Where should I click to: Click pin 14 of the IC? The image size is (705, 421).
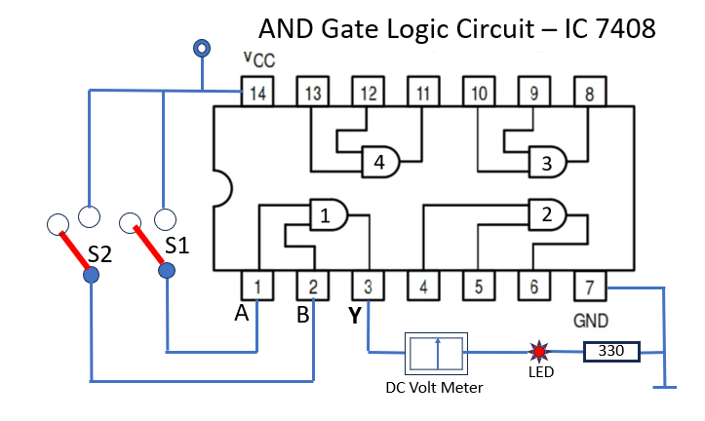[257, 92]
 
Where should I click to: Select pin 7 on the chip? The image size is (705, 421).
[590, 286]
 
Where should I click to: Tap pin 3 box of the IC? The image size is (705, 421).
[369, 286]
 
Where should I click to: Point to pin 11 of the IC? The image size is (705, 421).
[423, 92]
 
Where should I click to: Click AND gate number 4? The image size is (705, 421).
[380, 162]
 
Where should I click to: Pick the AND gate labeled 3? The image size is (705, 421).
[548, 162]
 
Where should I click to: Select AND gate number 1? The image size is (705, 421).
[329, 214]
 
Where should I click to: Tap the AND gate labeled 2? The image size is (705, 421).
[548, 214]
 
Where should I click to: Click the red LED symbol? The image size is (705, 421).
[538, 352]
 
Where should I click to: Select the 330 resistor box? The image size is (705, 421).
[611, 352]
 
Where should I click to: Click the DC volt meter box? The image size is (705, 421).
[436, 354]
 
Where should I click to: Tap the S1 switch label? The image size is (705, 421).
[177, 246]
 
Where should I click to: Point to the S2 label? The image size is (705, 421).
[99, 254]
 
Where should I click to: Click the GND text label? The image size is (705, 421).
[591, 321]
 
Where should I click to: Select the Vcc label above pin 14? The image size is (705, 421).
[259, 59]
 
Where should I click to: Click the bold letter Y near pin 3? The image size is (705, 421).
[355, 316]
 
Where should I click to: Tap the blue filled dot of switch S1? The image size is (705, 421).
[167, 271]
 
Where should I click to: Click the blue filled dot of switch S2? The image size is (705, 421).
[92, 275]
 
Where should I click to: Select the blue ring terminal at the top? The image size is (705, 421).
[202, 48]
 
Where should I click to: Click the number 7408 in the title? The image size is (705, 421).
[625, 29]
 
